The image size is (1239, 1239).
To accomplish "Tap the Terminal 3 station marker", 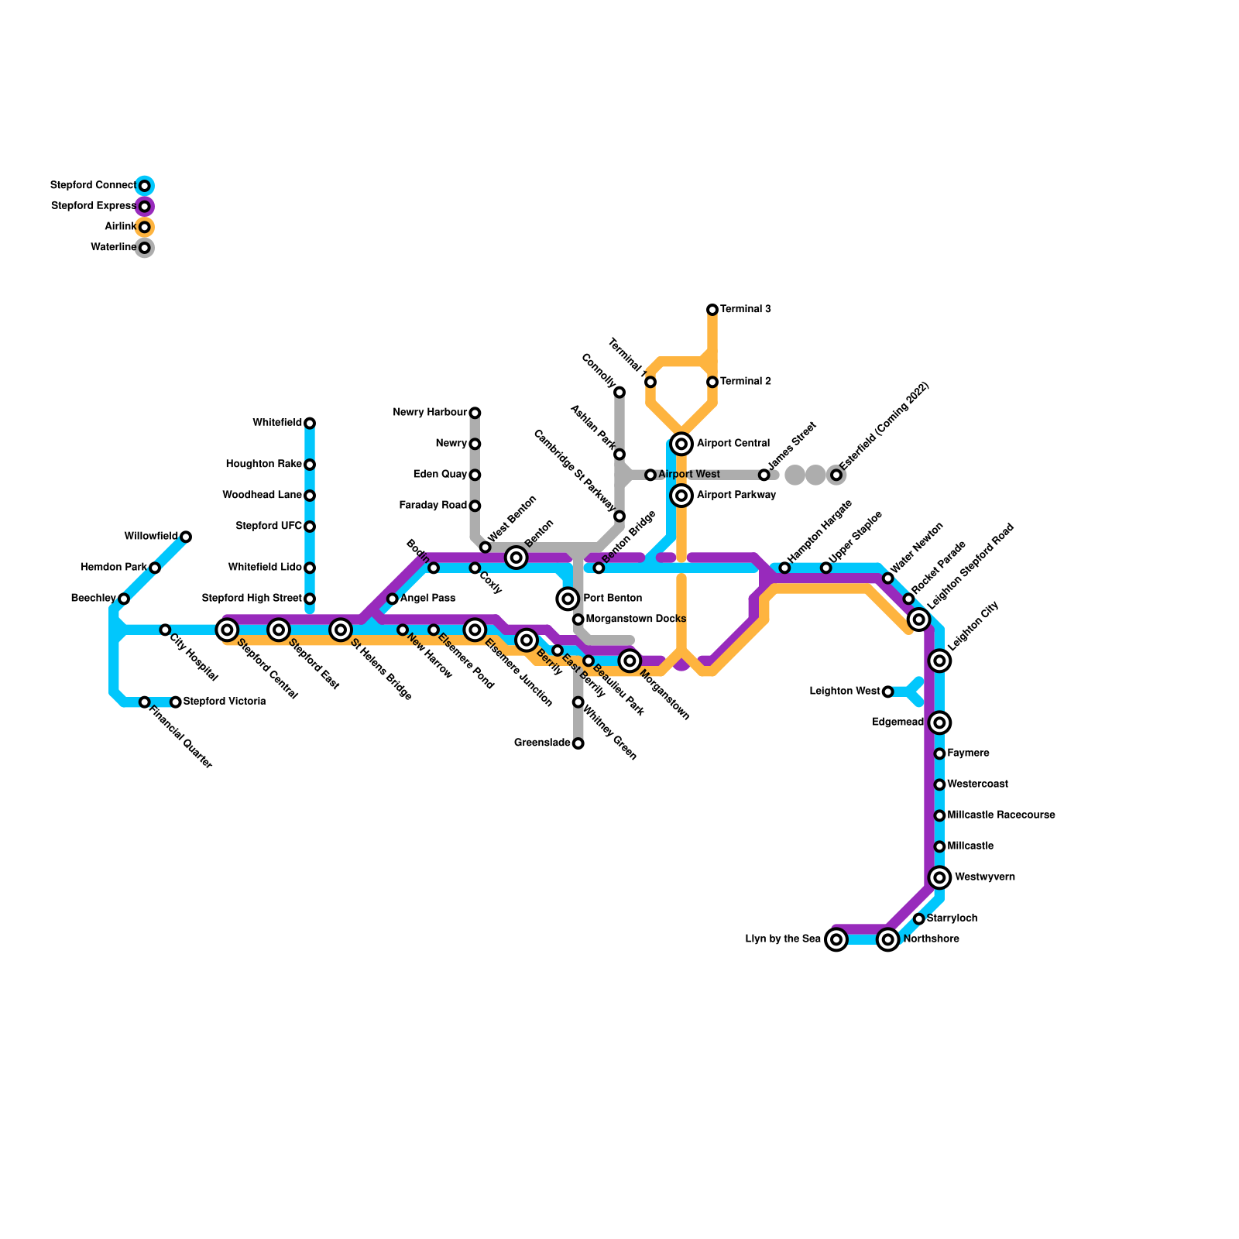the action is [x=712, y=310].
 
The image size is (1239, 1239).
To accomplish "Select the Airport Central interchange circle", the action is [x=681, y=444].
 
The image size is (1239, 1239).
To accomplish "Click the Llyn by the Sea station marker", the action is [x=836, y=939].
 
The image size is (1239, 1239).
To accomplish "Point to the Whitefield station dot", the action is [x=310, y=423].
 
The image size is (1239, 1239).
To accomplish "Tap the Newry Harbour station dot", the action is [x=475, y=413].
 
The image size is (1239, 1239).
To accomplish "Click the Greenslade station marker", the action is [x=578, y=743].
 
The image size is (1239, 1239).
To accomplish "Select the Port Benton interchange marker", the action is [x=568, y=599].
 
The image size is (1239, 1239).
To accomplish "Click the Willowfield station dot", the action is [x=186, y=537].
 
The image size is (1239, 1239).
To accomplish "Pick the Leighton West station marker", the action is [x=888, y=692].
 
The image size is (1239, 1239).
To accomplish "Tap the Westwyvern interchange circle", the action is [x=940, y=877].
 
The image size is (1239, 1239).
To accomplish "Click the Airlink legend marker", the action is [x=145, y=227].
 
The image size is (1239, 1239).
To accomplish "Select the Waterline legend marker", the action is [x=145, y=248].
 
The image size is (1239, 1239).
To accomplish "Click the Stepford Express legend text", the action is [x=93, y=206].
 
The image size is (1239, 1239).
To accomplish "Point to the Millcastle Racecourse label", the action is [x=1000, y=815].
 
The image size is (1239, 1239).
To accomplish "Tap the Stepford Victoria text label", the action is [x=225, y=702].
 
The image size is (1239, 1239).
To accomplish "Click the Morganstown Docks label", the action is [x=636, y=619].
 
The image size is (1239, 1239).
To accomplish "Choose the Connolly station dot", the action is [x=619, y=392].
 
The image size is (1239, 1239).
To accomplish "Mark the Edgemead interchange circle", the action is [x=940, y=722].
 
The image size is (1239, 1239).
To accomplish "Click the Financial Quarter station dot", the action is [x=145, y=702].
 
